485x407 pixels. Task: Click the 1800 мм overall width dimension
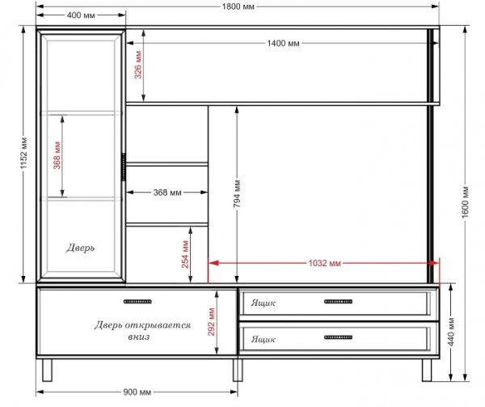[x=238, y=6]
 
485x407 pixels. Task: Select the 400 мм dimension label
[x=81, y=15]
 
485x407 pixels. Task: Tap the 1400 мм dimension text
[x=284, y=43]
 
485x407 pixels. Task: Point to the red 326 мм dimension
[x=138, y=65]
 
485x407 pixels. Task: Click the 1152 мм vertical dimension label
[x=24, y=153]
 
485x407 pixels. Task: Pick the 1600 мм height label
[x=466, y=201]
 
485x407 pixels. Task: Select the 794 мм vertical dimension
[x=237, y=193]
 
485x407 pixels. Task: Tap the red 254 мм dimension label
[x=185, y=254]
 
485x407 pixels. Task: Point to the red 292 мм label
[x=211, y=322]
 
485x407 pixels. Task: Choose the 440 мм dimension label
[x=451, y=332]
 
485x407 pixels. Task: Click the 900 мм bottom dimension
[x=137, y=392]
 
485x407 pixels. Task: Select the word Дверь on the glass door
[x=80, y=248]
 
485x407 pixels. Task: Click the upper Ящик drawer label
[x=263, y=303]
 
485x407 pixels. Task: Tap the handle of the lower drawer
[x=338, y=337]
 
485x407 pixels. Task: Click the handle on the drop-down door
[x=137, y=302]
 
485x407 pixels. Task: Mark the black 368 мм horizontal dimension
[x=167, y=193]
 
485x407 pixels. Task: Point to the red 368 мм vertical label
[x=57, y=155]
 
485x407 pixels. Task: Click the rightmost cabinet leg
[x=427, y=370]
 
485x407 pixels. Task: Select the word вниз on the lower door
[x=138, y=337]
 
